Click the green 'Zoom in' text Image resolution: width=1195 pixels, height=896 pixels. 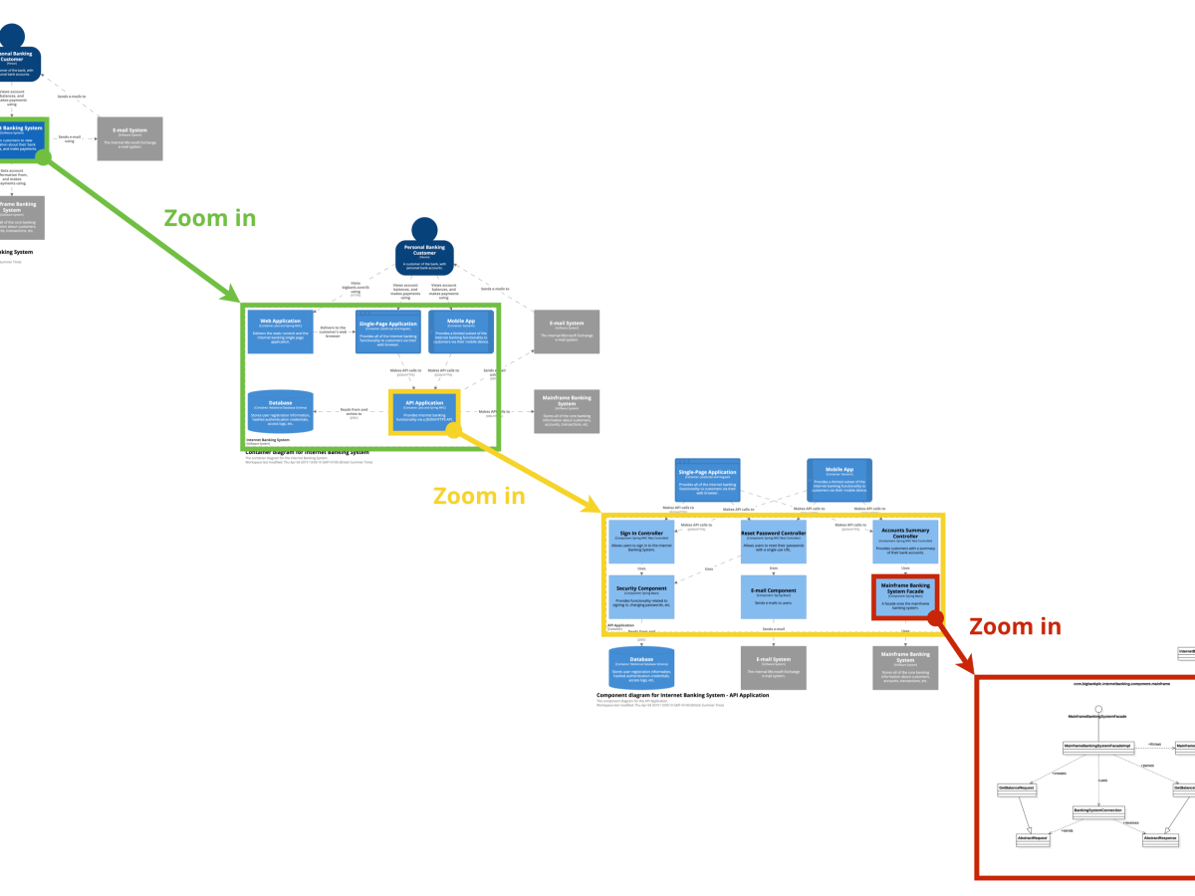click(210, 218)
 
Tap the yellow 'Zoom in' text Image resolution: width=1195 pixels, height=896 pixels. click(478, 495)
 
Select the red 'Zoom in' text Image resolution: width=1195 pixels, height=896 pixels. click(1015, 626)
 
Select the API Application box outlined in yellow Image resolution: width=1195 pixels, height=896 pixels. click(423, 412)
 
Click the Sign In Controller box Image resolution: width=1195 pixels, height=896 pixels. click(641, 545)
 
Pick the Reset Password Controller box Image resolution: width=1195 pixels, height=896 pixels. click(774, 545)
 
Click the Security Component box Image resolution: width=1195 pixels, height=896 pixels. click(641, 597)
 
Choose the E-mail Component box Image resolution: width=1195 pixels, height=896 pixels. click(774, 597)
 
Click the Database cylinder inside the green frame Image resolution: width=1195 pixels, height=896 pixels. click(280, 412)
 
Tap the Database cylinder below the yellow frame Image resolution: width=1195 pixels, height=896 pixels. click(641, 668)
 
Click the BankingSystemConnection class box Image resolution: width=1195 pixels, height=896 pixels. click(1098, 810)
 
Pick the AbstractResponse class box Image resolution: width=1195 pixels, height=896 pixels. click(1160, 839)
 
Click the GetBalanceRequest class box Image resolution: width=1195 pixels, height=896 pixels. click(1017, 787)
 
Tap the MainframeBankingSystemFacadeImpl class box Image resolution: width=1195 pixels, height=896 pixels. click(1098, 746)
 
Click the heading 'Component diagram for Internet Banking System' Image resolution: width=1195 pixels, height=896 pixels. click(682, 695)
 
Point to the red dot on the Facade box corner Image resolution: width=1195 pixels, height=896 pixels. click(935, 618)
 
